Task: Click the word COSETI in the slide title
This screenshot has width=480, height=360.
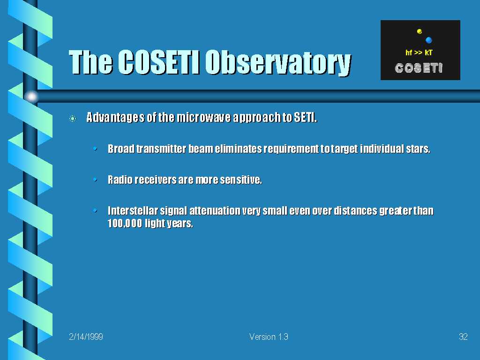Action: point(159,62)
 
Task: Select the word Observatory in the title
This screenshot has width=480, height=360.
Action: point(278,64)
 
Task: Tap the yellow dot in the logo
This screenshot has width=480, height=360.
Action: point(420,31)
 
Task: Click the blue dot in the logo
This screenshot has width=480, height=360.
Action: point(428,40)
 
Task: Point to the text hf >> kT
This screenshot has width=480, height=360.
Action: point(419,52)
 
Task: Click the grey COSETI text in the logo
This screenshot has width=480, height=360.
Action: point(419,68)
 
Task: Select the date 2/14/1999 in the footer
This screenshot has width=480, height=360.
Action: point(86,337)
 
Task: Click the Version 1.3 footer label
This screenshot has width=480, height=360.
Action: point(269,337)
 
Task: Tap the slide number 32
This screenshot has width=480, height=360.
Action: point(463,337)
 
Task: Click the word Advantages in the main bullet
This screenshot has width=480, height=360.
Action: point(115,117)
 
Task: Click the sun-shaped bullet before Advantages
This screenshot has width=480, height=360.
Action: point(73,118)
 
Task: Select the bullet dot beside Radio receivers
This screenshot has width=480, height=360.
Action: point(95,179)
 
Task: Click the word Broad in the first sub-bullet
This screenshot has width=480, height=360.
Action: point(121,149)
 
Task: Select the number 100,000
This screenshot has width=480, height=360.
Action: point(125,223)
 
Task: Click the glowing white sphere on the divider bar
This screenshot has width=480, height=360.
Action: point(31,97)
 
